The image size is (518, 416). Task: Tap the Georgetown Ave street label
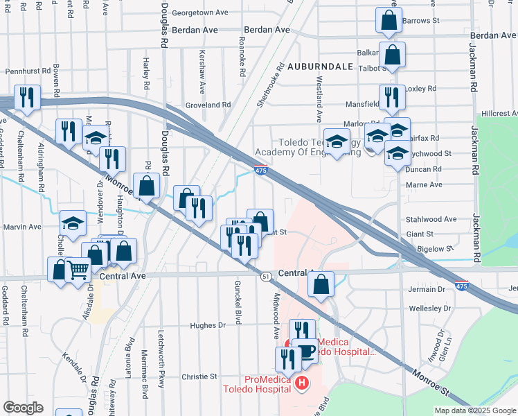(201, 12)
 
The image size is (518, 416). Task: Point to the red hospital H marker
(301, 383)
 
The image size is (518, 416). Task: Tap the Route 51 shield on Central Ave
(266, 276)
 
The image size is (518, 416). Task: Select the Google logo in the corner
(22, 408)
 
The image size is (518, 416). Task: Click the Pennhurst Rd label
(28, 71)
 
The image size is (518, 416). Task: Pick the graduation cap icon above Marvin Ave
(73, 223)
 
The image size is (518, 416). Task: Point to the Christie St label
(199, 376)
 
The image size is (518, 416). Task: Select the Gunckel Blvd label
(238, 306)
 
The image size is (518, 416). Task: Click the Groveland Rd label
(208, 105)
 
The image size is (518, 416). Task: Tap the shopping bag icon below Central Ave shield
(321, 284)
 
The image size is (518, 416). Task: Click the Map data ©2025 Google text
(475, 410)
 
